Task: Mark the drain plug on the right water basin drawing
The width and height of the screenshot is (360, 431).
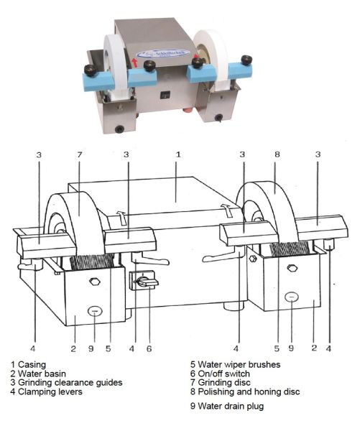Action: pos(290,297)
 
